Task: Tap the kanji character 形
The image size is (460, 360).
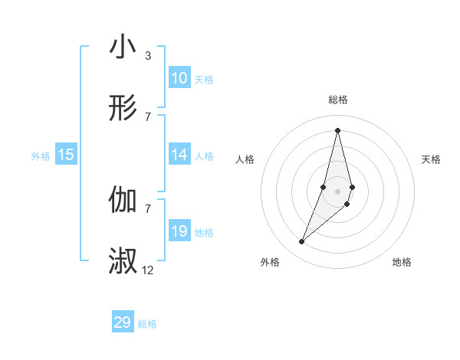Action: point(123,109)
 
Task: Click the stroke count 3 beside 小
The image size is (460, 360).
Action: point(147,55)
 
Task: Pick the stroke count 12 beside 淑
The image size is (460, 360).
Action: point(148,270)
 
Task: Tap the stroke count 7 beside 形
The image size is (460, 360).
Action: point(147,116)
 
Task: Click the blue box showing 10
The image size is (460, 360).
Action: point(179,78)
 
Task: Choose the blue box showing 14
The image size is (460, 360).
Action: point(179,155)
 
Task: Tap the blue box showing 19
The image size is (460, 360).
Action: point(179,231)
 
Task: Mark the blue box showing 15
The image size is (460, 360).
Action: point(66,155)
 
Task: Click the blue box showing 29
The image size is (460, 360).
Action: point(123,322)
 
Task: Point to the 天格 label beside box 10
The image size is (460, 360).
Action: point(204,80)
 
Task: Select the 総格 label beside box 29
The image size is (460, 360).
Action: point(147,324)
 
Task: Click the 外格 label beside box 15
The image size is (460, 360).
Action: point(41,156)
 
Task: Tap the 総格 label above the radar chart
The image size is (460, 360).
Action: point(338,100)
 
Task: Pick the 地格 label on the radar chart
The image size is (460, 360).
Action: point(402,262)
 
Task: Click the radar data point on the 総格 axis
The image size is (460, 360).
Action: point(338,129)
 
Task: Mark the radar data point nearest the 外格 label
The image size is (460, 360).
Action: point(302,242)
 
